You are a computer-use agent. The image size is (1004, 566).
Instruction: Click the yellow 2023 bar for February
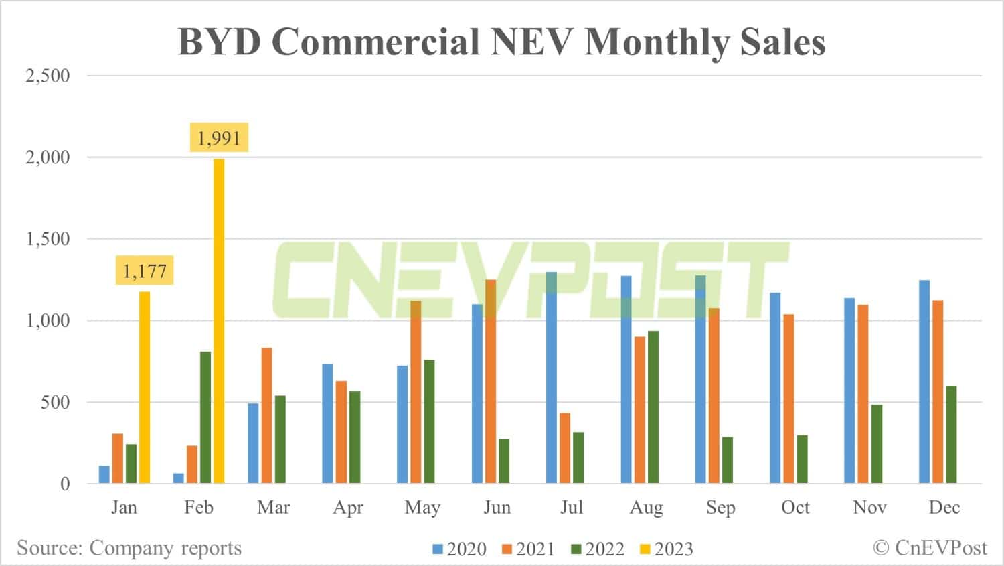(219, 322)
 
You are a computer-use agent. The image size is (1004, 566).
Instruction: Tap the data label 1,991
(219, 138)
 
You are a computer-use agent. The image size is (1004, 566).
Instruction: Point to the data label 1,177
(145, 271)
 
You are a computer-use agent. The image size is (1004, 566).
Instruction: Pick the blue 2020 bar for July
(552, 378)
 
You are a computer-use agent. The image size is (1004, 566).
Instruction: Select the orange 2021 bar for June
(491, 382)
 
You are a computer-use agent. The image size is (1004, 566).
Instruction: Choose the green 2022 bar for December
(951, 435)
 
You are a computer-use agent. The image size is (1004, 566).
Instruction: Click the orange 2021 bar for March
(266, 415)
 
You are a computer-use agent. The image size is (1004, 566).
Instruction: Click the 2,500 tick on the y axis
(48, 76)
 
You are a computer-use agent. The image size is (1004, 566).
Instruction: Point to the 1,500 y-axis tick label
(48, 239)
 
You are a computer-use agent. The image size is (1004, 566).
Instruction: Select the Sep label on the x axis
(720, 508)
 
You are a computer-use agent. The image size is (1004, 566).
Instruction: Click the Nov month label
(869, 508)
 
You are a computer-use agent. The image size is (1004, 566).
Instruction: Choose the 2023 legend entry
(667, 549)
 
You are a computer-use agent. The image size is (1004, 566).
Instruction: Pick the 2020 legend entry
(460, 549)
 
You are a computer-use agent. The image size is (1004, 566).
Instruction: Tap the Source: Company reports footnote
(129, 548)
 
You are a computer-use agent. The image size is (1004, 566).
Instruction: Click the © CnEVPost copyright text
(930, 548)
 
